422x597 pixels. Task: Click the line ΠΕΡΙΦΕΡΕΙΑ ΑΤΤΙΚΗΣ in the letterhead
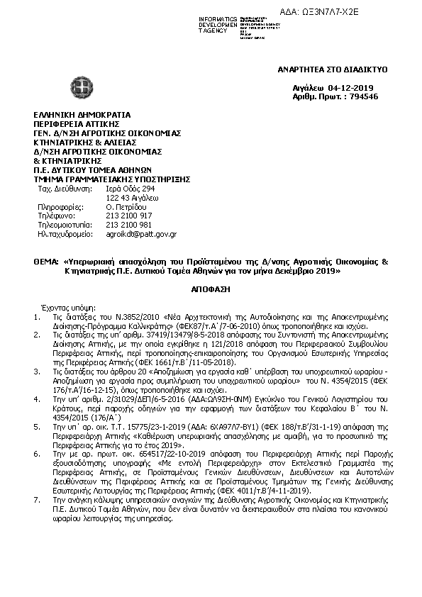tap(73, 123)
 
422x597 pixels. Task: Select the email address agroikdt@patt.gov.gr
tap(141, 233)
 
